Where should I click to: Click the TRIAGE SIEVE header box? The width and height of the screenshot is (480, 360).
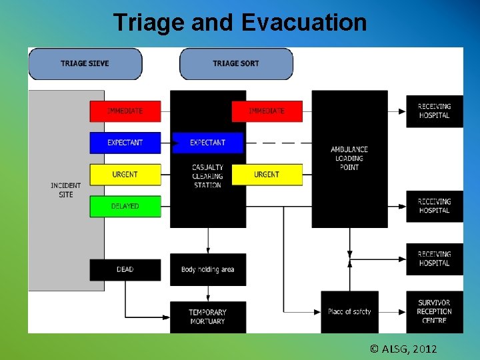pos(85,64)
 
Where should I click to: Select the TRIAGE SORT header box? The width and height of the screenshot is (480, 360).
pos(236,64)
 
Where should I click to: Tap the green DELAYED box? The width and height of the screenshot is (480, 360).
pos(125,206)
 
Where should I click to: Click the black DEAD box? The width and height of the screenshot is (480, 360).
pos(125,269)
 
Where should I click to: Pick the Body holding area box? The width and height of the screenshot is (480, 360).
pos(207,269)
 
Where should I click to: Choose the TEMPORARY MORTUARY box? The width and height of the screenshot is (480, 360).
pos(207,317)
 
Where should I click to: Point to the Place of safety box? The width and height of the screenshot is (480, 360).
pos(349,312)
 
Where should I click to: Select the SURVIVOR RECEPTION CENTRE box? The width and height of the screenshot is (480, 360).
pos(435,312)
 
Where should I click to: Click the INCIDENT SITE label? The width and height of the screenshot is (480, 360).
pos(65,190)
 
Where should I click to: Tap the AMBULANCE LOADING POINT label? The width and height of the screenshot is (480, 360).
pos(349,158)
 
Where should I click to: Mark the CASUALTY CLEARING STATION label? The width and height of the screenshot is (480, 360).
pos(207,176)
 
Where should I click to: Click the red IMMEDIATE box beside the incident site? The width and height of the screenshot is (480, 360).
pos(125,111)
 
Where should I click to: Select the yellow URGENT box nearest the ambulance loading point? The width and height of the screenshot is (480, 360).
pos(267,175)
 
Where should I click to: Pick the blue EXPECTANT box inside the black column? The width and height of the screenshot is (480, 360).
pos(207,143)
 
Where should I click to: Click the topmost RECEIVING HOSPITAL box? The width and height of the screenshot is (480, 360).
pos(435,111)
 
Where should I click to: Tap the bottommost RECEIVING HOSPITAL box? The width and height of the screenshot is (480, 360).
pos(435,259)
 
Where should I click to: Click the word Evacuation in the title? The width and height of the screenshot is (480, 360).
pos(304,23)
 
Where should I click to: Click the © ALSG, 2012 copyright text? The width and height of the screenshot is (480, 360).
pos(403,349)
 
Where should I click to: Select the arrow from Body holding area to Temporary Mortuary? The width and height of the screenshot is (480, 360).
pos(207,293)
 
